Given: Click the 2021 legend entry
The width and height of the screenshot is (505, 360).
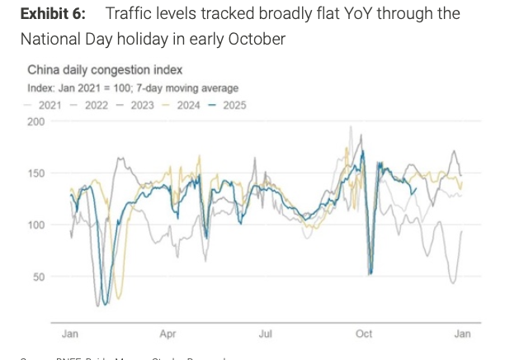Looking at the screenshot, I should (x=48, y=105).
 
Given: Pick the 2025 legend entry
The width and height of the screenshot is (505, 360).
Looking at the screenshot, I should (x=234, y=105).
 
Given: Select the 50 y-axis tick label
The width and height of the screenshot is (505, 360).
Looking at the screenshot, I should (x=37, y=277).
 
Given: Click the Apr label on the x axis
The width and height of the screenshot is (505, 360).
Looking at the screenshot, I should (x=168, y=334).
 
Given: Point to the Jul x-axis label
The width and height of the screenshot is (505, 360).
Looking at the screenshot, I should (x=266, y=334).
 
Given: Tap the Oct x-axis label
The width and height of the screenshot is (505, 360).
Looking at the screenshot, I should (x=364, y=334).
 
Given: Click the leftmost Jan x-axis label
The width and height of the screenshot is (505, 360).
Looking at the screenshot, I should (x=70, y=334).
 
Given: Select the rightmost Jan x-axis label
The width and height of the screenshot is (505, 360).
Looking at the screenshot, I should (x=462, y=334).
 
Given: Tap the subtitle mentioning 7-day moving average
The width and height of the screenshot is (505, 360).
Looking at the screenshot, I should (x=133, y=88).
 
